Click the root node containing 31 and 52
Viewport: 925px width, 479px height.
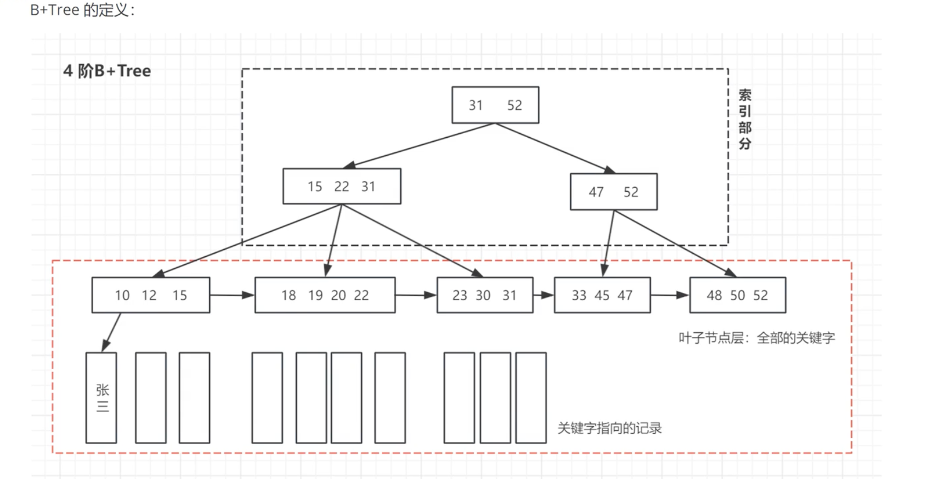[495, 105]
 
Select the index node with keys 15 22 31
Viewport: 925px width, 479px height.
[342, 186]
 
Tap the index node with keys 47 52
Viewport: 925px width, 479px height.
[614, 192]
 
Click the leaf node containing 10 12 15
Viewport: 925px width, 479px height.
[151, 295]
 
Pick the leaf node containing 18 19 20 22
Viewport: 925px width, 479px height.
[325, 295]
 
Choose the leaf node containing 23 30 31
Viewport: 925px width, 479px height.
[485, 295]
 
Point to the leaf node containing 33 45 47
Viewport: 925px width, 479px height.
[602, 295]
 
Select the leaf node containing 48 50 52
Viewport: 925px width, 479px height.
[737, 295]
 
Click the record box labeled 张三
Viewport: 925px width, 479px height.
[101, 397]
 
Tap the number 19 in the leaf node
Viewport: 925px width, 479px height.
[315, 295]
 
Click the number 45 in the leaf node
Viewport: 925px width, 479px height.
[602, 295]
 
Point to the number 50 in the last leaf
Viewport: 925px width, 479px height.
[737, 295]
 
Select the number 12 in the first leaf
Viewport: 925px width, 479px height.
[149, 295]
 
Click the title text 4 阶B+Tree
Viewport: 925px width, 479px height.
[107, 71]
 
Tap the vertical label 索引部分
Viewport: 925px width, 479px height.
[745, 119]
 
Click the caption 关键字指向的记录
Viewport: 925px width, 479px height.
[610, 428]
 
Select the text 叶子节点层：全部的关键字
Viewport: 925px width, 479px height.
[756, 338]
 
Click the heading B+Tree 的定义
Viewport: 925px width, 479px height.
[83, 10]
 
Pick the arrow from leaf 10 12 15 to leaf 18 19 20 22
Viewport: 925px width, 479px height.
[232, 295]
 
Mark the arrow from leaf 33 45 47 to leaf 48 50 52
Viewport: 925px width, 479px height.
[670, 295]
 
